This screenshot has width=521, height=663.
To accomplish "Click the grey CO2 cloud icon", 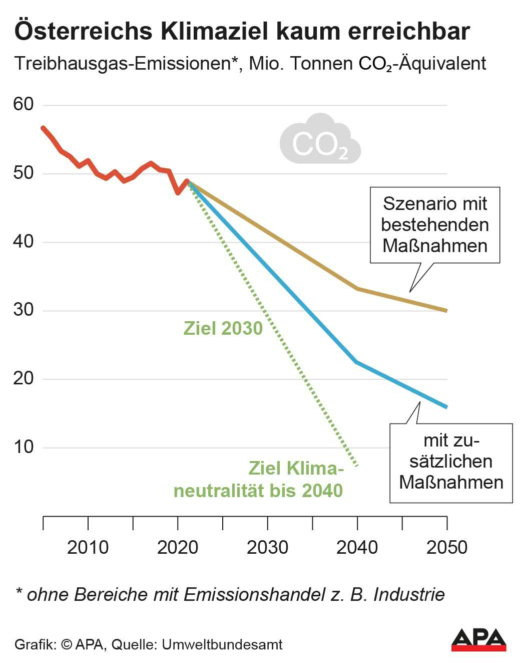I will (320, 140).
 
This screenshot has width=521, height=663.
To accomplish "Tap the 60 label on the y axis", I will (23, 104).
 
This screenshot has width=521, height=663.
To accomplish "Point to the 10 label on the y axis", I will (23, 447).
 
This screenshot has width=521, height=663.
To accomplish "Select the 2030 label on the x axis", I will (267, 547).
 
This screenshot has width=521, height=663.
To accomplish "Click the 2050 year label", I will (446, 547).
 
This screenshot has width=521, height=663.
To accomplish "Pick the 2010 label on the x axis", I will (88, 547).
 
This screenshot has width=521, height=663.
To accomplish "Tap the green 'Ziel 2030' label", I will (223, 328).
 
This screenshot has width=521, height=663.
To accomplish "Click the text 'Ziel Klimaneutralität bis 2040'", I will (258, 479).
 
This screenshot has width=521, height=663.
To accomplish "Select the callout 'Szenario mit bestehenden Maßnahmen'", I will (434, 225).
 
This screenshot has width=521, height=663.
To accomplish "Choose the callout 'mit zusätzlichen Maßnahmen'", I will (451, 462).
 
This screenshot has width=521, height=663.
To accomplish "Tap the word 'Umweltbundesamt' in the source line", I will (222, 644).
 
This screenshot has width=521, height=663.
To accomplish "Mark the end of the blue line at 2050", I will (446, 407).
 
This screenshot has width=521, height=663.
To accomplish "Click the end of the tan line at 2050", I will (446, 311).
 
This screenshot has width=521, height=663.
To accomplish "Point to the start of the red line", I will (43, 128).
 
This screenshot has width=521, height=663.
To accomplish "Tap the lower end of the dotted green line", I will (357, 466).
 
